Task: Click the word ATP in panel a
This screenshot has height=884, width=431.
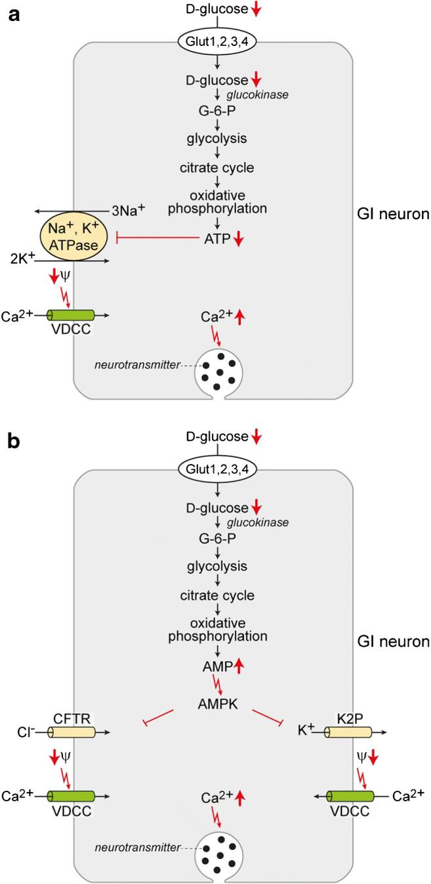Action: (x=215, y=240)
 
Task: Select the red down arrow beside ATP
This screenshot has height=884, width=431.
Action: (x=239, y=240)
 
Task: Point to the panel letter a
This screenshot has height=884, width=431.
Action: (x=13, y=14)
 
